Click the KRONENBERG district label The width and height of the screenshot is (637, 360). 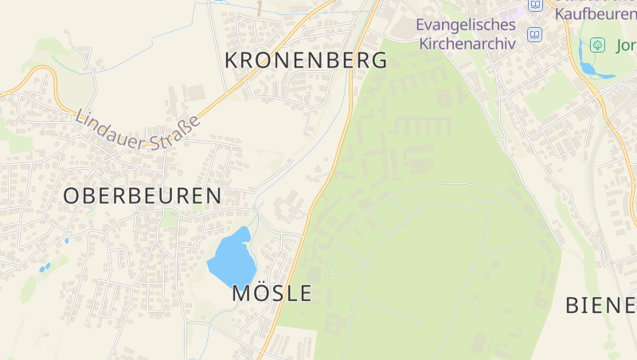pos(306,60)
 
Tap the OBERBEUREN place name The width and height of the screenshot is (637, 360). pos(142,196)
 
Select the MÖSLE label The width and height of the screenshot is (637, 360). pos(272,293)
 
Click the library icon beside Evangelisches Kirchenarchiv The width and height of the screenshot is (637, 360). pos(534,35)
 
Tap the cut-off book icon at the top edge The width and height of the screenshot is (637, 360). pos(535,5)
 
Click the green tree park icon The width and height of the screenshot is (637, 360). pos(596,45)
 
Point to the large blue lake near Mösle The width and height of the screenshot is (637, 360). pos(230,257)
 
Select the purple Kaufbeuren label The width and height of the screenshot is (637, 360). pos(595,13)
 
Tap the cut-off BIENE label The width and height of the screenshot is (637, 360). pos(600,304)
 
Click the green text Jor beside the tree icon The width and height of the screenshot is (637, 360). pos(626,45)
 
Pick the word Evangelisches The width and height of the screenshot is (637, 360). pos(466,25)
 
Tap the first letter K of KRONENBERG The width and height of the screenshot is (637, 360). pos(232,60)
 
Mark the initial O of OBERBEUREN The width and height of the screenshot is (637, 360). pos(71,196)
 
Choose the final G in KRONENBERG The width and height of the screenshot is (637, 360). pos(379,60)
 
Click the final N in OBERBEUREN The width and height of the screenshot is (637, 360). pos(213,196)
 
